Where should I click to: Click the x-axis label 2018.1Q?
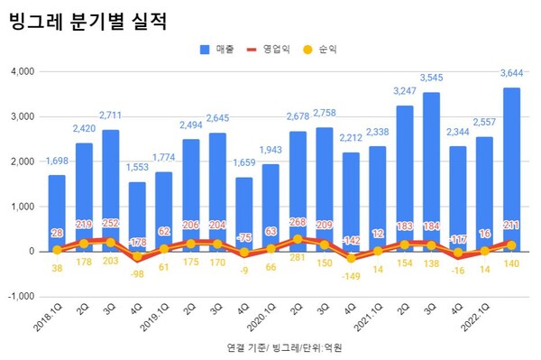pyautogui.click(x=49, y=317)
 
